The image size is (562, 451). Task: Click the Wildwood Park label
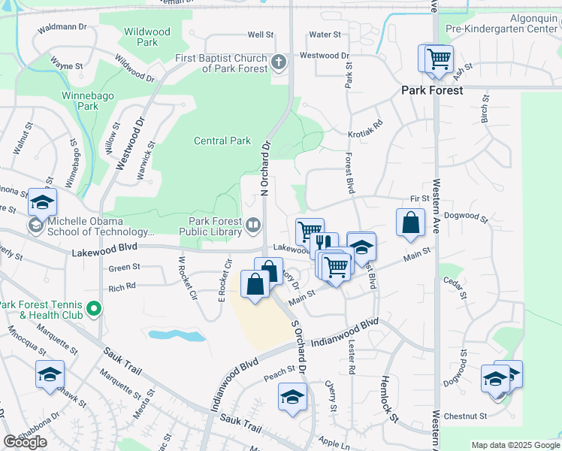147,38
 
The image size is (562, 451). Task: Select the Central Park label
222,141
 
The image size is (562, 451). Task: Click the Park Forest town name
432,90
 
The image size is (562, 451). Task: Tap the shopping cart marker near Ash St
437,58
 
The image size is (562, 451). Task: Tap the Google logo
25,442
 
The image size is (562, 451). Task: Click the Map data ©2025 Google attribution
515,445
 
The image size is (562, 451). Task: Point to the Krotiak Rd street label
366,128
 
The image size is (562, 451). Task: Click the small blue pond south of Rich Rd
177,335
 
